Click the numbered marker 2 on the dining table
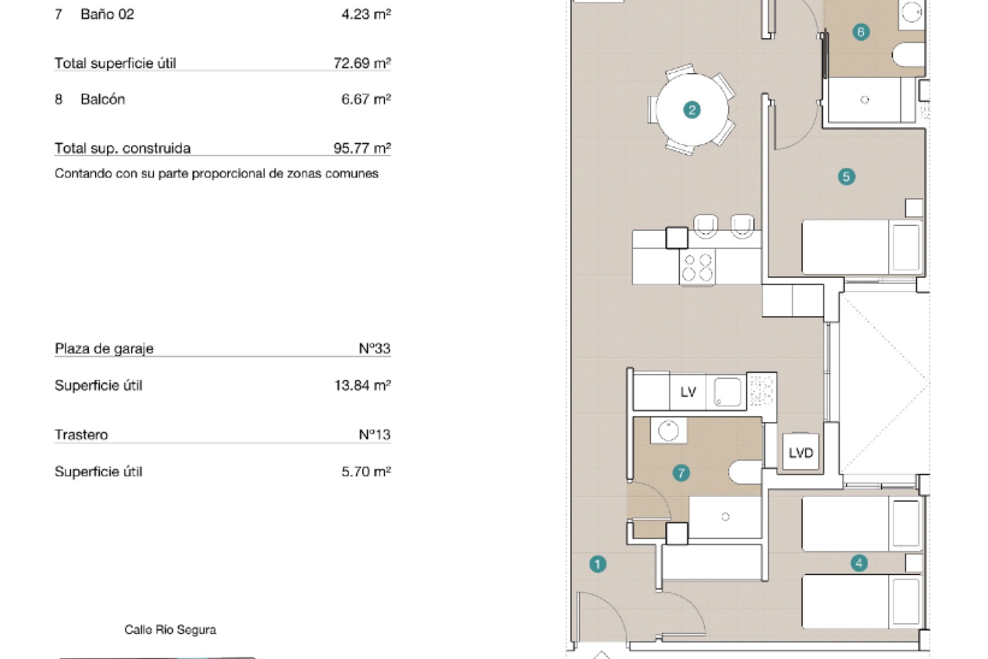(692, 110)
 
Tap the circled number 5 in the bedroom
(846, 177)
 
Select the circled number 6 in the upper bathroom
(861, 32)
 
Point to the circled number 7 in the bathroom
(681, 473)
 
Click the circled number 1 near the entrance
(597, 564)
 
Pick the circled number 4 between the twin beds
(859, 563)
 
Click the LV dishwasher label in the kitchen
(688, 392)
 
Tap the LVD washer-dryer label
(801, 453)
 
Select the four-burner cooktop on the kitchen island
(697, 267)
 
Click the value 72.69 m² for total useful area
(362, 63)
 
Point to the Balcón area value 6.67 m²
(366, 99)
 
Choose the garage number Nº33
(375, 349)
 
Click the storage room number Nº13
(375, 435)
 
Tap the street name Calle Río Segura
(170, 630)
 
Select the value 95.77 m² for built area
(362, 148)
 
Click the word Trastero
(81, 435)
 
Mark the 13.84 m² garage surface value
(362, 385)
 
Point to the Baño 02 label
(107, 14)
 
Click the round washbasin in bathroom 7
(668, 430)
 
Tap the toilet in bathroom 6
(909, 55)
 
